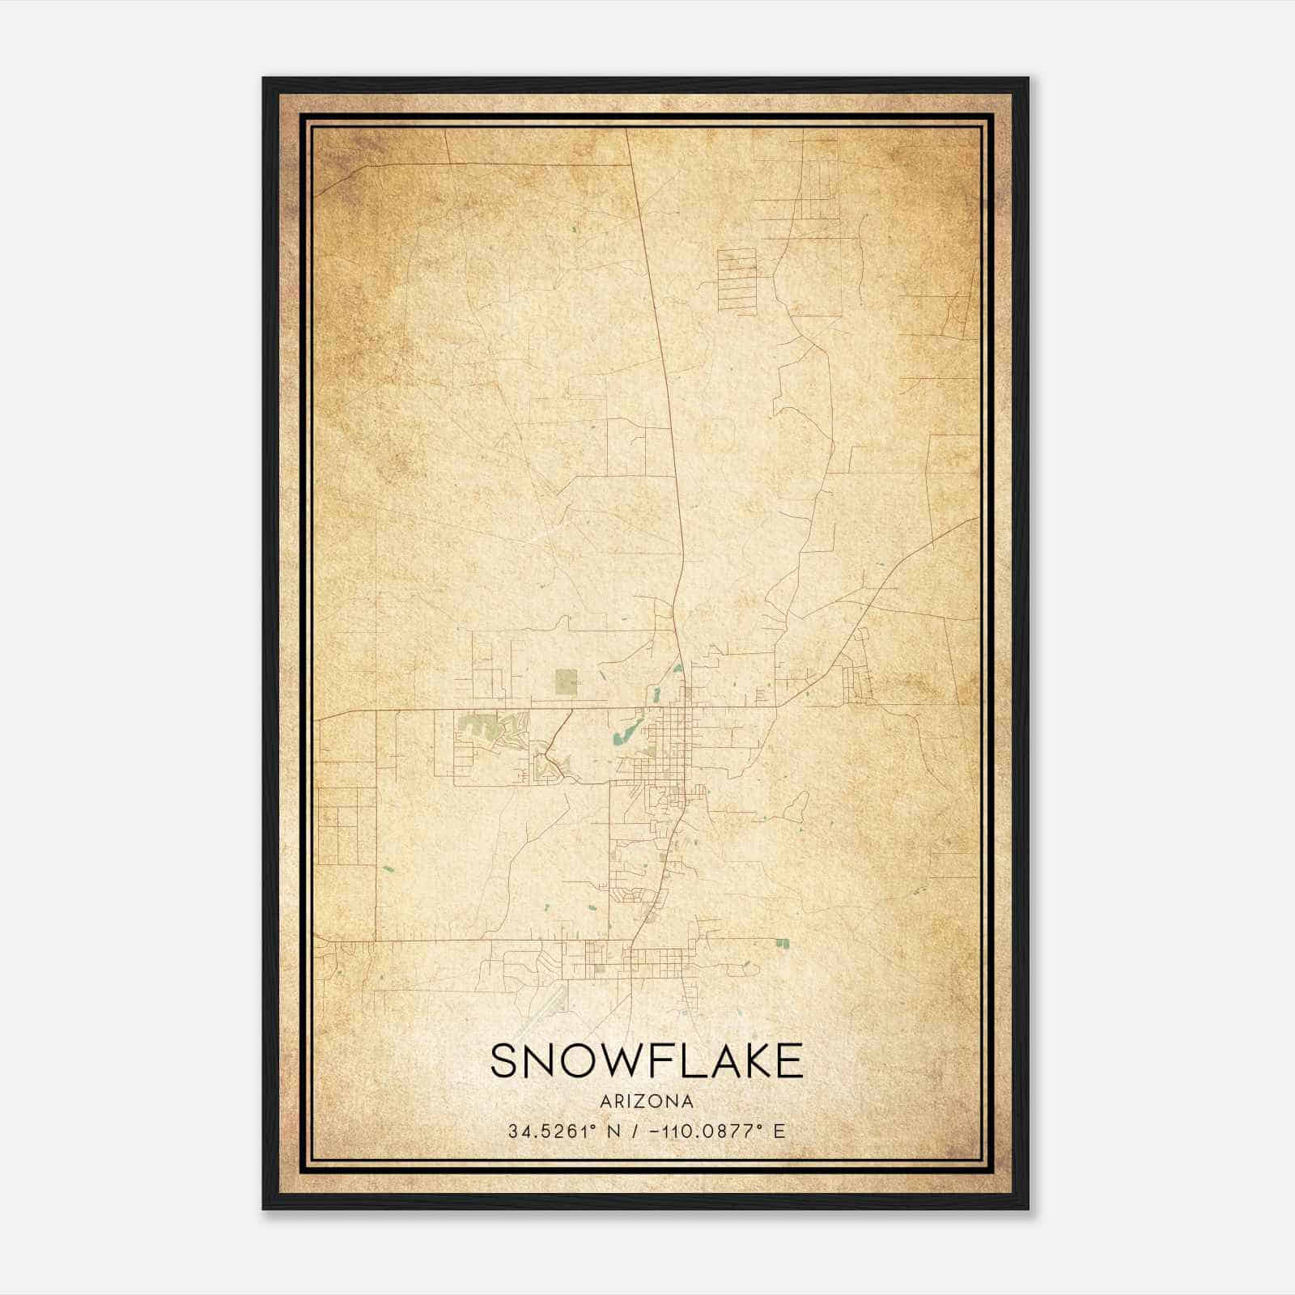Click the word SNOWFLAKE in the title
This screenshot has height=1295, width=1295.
coord(646,1061)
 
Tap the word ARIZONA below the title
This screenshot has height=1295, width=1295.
coord(646,1102)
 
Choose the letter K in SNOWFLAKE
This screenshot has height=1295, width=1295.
coord(749,1061)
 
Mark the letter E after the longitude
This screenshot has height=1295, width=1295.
coord(779,1132)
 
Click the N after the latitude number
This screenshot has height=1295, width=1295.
coord(614,1132)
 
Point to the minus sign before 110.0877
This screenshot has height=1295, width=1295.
coord(653,1132)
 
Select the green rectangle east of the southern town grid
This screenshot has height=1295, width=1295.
coord(782,943)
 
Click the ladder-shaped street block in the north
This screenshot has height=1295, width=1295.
coord(737,281)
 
